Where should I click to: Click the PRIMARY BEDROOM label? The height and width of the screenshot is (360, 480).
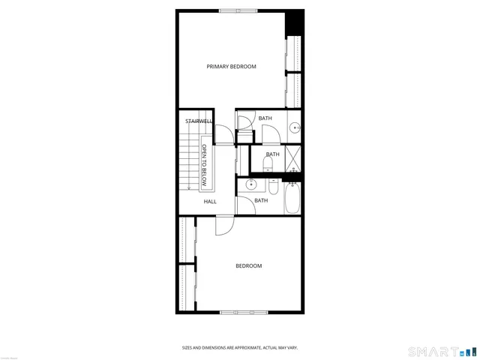coord(231,67)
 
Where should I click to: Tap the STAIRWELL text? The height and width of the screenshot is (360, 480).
coord(199,121)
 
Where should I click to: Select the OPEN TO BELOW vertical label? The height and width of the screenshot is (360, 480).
coord(204,166)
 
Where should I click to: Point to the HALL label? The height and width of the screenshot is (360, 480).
coord(210,201)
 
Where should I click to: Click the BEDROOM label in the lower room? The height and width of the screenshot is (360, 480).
coord(248,265)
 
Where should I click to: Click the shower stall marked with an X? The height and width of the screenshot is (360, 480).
coord(292,159)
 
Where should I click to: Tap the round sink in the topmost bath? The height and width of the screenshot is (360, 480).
coord(295,127)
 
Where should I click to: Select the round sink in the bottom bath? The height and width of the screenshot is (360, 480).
coord(251,184)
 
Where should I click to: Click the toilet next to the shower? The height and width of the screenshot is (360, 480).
coord(268,163)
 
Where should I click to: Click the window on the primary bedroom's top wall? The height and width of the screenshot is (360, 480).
coord(238,10)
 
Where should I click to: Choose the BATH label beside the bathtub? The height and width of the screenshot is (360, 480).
coord(261,200)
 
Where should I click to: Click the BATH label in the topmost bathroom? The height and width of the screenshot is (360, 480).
coord(265,118)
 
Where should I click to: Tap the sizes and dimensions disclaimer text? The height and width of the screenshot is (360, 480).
coord(239,347)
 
